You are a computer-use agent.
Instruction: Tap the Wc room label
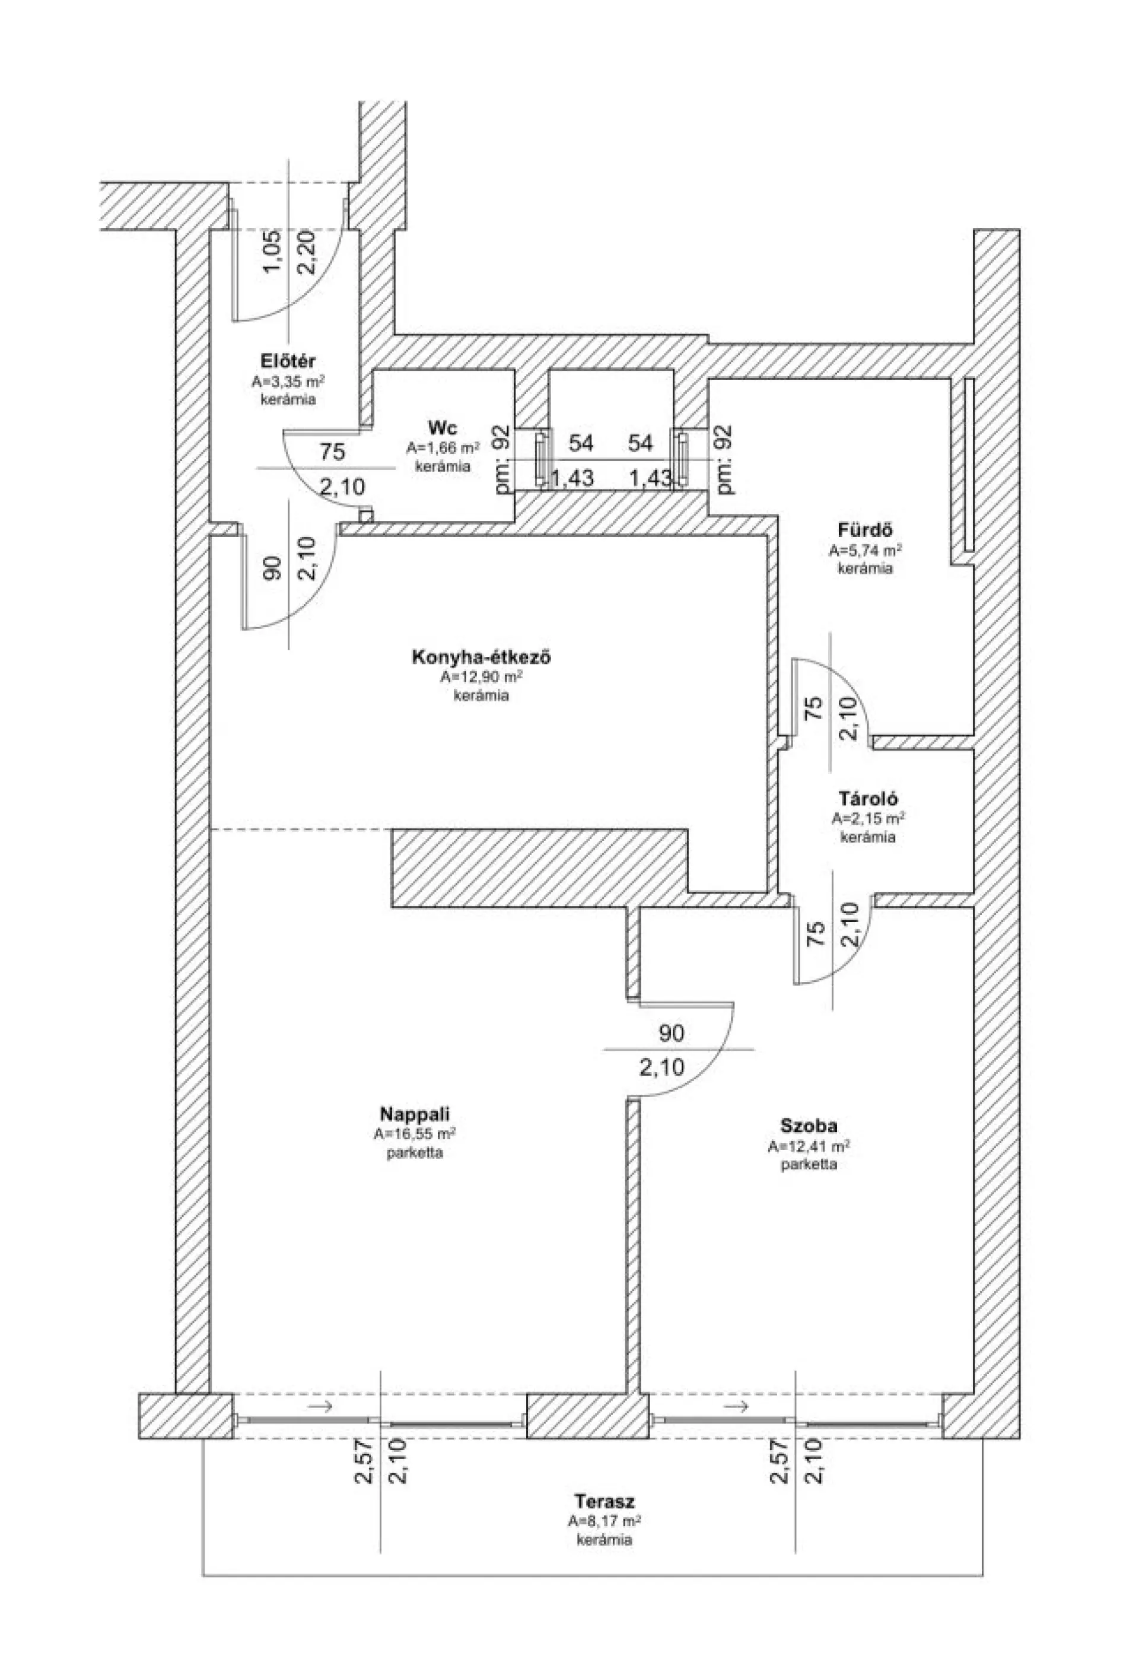point(443,427)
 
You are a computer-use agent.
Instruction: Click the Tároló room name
point(868,799)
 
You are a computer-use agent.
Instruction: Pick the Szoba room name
point(809,1126)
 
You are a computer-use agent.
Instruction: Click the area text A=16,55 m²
point(414,1133)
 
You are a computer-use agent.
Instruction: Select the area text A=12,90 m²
point(482,677)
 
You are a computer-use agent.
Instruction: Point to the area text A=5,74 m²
point(866,550)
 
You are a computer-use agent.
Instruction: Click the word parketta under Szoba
point(809,1165)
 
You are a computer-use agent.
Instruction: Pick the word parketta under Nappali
point(414,1153)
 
